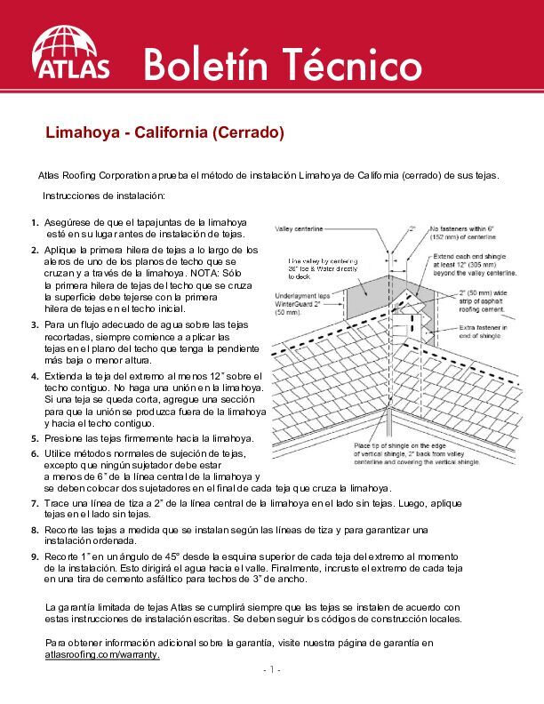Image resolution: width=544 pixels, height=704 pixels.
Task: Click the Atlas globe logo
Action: click(70, 52)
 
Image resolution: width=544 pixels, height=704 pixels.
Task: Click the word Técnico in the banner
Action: click(351, 66)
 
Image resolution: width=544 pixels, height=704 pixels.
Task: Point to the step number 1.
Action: click(34, 222)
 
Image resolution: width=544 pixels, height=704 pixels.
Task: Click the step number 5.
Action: click(34, 439)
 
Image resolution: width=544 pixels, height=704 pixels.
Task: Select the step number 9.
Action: click(34, 556)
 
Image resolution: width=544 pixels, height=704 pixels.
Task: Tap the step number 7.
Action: click(34, 503)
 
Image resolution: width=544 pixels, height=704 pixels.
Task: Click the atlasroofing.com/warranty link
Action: click(102, 654)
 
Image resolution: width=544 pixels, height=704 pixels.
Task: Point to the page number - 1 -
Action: click(272, 669)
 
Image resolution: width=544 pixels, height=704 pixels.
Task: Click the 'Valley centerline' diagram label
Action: click(300, 228)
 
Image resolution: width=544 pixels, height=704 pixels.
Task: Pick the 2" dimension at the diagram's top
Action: click(412, 228)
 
